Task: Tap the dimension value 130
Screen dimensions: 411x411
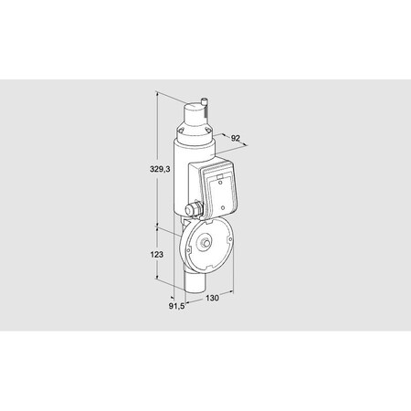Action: (x=212, y=299)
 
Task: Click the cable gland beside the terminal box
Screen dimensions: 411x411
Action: (x=193, y=210)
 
